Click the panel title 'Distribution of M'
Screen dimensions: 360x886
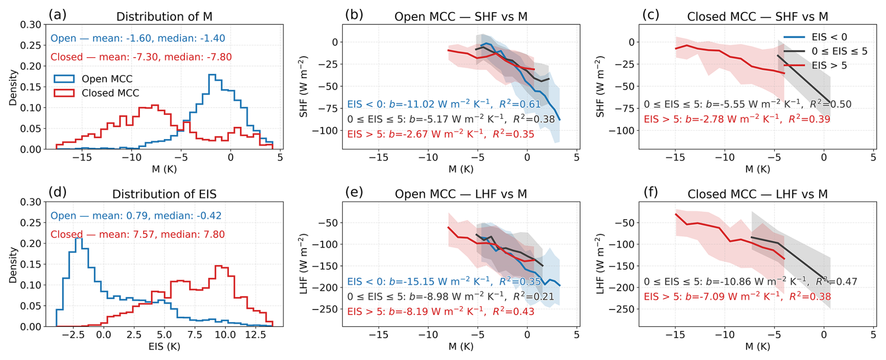[164, 17]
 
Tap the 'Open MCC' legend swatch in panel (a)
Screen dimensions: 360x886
[64, 79]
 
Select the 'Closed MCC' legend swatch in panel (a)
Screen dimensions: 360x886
[64, 93]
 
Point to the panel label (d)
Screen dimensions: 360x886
[57, 192]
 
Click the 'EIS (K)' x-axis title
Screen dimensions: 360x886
[164, 347]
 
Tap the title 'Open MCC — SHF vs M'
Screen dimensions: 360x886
[461, 17]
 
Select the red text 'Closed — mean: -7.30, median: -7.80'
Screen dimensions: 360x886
[141, 57]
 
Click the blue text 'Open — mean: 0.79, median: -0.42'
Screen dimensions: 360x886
[136, 216]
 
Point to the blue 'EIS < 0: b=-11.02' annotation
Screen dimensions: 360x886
[443, 104]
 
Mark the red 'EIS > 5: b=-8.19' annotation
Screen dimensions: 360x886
[440, 312]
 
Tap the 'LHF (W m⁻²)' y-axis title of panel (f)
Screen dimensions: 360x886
[600, 264]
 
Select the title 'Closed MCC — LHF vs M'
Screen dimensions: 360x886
[757, 194]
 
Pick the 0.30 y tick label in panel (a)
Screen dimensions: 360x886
[31, 24]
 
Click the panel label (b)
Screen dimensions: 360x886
[354, 15]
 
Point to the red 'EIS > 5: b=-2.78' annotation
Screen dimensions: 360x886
[737, 119]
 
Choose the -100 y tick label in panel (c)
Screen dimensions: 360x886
[623, 131]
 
